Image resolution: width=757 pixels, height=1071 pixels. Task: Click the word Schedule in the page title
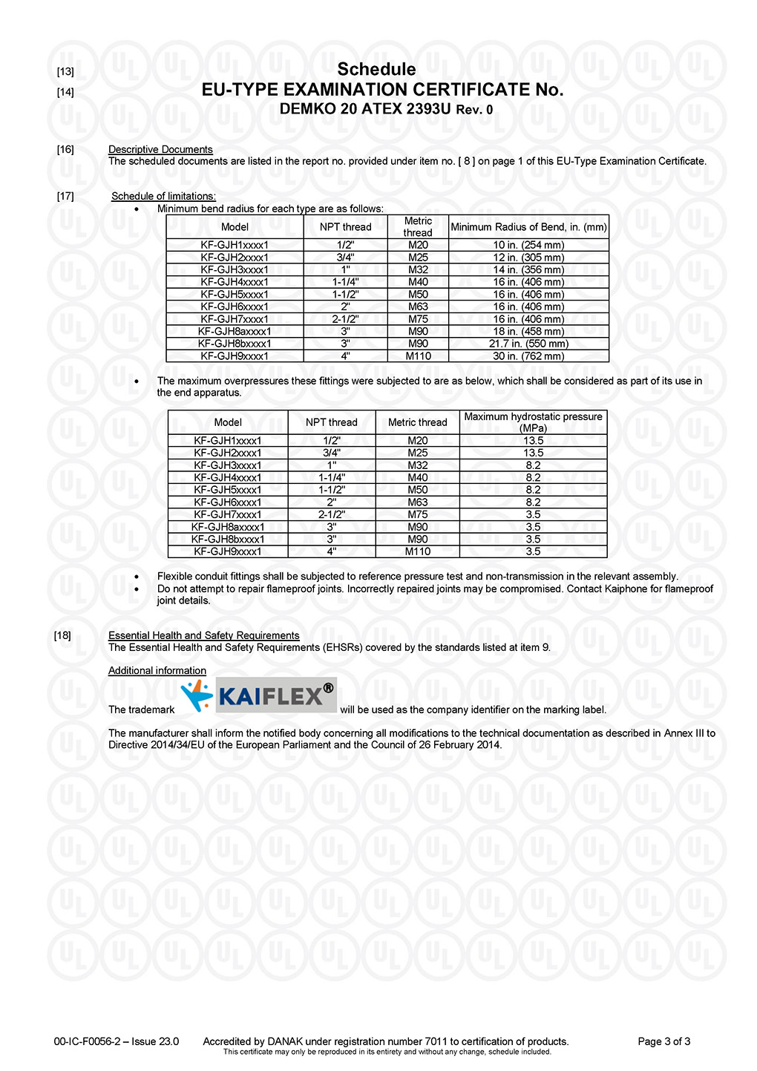376,70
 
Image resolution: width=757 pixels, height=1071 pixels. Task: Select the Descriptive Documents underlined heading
160,149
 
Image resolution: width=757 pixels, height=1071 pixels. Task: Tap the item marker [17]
65,196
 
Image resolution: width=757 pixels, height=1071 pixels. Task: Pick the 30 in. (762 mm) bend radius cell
528,356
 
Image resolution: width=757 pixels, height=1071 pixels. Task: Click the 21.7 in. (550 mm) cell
528,344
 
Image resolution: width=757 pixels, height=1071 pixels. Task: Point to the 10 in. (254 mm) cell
528,245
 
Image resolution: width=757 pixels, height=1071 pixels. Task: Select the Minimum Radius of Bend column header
528,227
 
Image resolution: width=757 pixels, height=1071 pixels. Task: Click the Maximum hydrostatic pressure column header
533,422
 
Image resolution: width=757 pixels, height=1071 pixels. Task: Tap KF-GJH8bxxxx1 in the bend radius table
235,344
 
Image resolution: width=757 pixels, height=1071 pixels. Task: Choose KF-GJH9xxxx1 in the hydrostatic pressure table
228,551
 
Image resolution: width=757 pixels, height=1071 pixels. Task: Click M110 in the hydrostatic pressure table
418,551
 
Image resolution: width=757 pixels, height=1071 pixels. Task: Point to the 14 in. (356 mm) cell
528,269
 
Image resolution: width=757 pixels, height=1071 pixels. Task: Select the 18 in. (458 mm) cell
528,331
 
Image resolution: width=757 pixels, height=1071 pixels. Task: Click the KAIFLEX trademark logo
259,695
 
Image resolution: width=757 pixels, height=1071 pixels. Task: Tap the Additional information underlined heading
157,670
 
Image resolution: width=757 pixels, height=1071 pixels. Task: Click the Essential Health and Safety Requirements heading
204,635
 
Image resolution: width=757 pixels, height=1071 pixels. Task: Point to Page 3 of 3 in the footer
664,1041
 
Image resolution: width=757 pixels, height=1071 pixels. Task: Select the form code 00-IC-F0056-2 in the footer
87,1041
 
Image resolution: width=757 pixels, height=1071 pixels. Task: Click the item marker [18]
62,635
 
